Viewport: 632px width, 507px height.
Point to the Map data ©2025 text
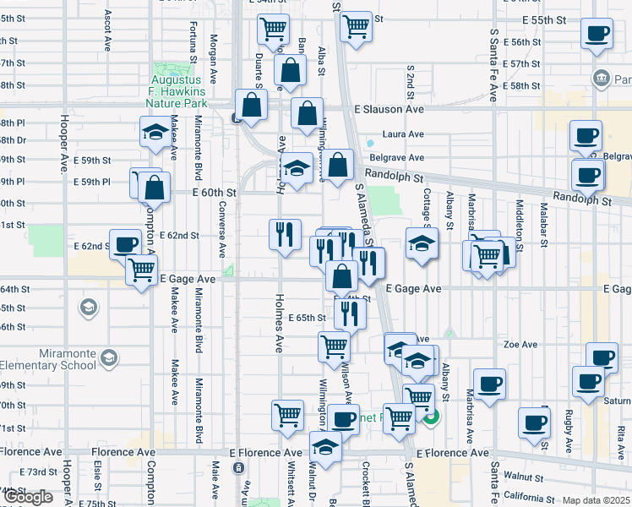point(596,500)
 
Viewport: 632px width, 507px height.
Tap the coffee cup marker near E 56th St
point(597,34)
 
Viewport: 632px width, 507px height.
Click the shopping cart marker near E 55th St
point(356,25)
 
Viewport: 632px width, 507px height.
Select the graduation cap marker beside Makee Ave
point(156,133)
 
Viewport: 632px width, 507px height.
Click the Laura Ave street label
point(403,134)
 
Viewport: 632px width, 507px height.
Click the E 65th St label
point(306,319)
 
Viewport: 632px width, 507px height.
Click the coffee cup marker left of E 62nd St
point(126,244)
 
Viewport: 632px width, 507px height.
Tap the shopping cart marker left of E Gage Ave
point(141,270)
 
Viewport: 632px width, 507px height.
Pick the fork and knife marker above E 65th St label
point(349,313)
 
